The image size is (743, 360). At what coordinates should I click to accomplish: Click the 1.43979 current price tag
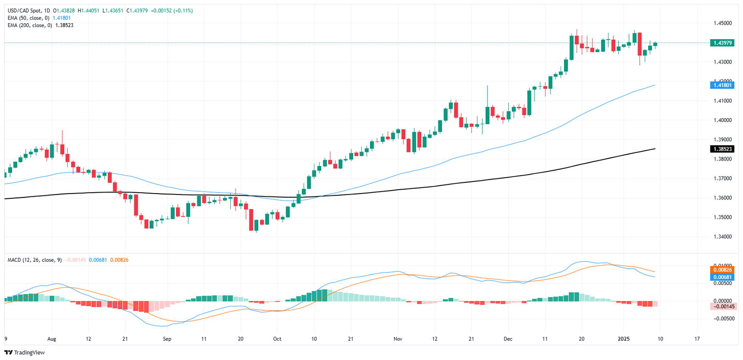(723, 43)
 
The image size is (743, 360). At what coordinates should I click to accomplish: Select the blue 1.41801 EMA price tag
(723, 85)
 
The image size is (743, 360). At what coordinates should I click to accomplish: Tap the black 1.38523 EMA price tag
(723, 149)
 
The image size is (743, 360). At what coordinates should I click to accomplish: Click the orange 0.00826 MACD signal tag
(723, 270)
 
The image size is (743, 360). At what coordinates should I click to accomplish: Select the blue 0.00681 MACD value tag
(723, 277)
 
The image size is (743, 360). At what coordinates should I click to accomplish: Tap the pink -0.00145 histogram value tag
(723, 306)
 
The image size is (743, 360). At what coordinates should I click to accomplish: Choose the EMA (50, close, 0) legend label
(28, 18)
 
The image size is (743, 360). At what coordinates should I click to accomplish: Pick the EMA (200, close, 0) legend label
(30, 25)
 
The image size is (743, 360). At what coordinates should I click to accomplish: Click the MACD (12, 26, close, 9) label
(34, 260)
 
